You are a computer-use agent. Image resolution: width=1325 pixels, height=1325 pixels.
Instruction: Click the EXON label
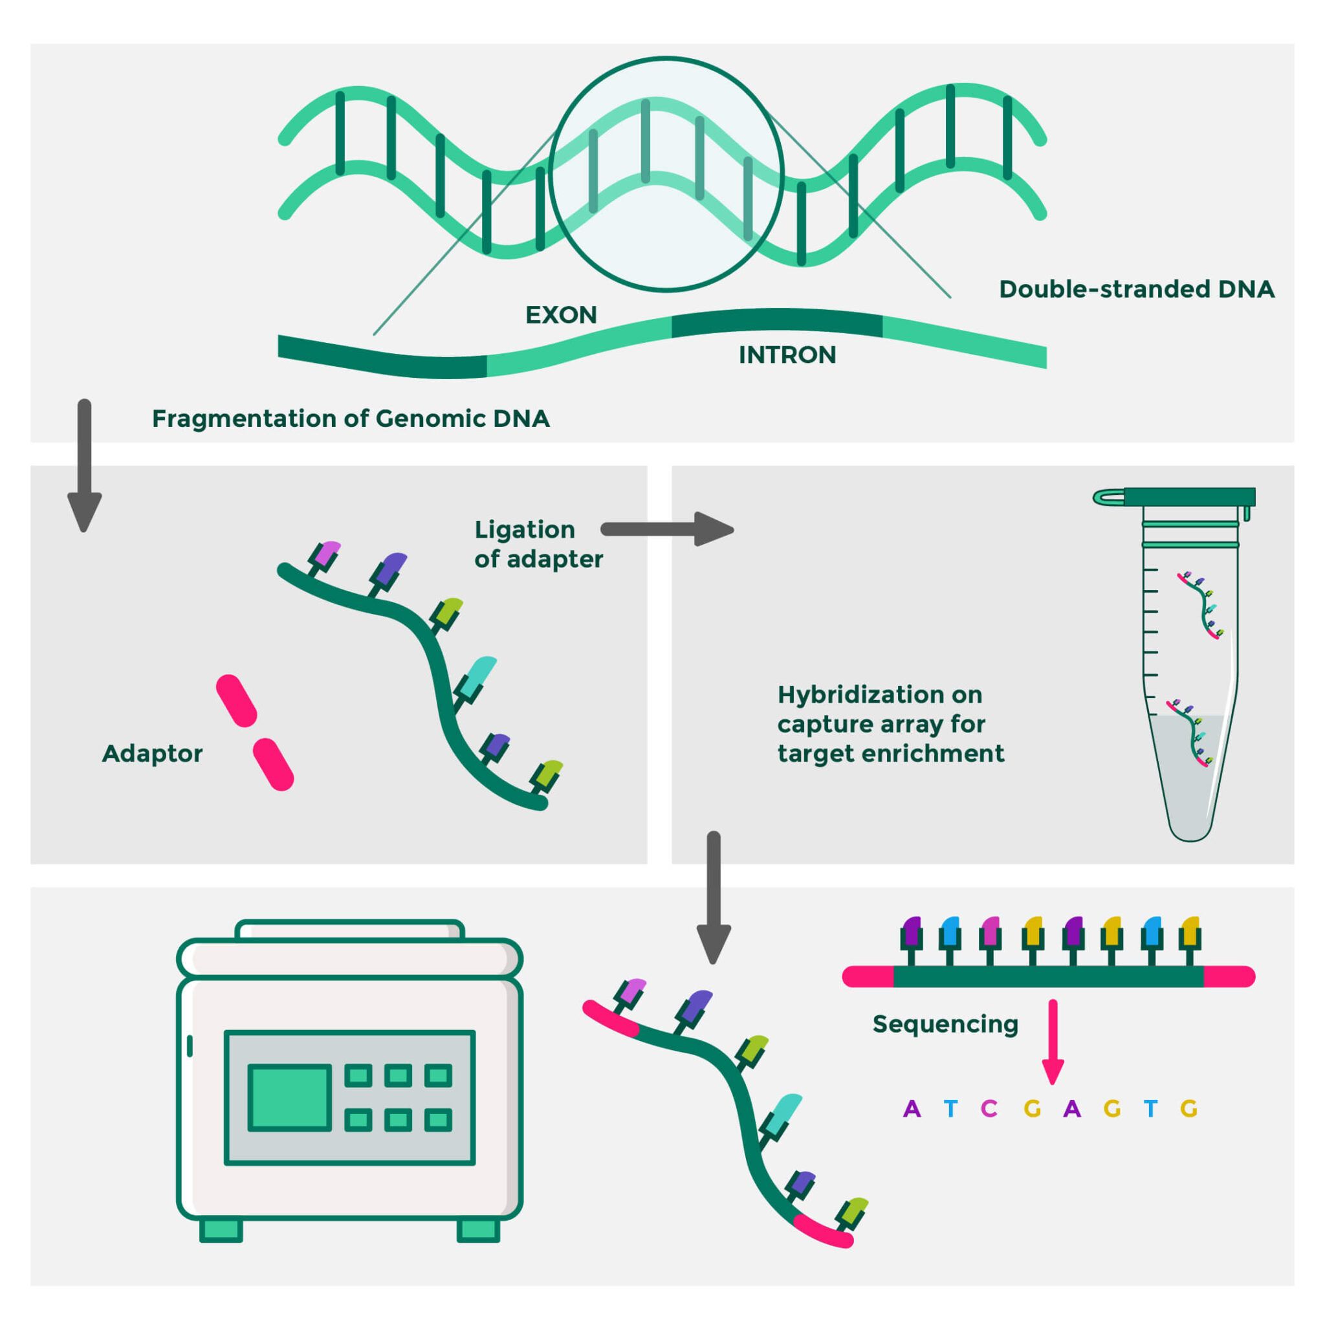tap(561, 315)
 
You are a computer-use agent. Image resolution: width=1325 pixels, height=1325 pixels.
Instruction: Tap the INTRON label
tap(787, 355)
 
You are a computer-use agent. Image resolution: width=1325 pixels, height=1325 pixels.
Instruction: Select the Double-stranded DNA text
tap(1136, 289)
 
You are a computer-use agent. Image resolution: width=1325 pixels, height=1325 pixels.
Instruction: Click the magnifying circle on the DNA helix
tap(666, 174)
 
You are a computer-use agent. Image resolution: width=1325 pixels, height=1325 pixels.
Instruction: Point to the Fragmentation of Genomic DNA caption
tap(351, 419)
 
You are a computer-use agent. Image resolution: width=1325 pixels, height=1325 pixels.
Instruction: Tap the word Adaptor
tap(152, 753)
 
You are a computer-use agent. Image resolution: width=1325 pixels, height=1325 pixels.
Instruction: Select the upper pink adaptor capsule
tap(237, 700)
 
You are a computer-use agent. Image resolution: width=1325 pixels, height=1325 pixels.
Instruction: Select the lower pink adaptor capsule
tap(273, 764)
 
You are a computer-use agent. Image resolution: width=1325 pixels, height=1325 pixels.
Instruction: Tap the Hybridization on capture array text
tap(890, 723)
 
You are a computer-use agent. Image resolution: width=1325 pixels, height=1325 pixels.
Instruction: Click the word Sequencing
tap(945, 1024)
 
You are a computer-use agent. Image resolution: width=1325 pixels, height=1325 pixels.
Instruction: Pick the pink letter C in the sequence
tap(989, 1108)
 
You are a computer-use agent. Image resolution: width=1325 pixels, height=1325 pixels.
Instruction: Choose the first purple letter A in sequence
tap(912, 1108)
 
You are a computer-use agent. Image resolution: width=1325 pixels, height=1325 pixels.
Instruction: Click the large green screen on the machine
tap(289, 1097)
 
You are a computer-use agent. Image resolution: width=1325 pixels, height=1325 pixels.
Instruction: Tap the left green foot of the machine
tap(221, 1230)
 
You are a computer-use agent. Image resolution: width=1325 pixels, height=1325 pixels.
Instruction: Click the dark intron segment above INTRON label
tap(776, 323)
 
